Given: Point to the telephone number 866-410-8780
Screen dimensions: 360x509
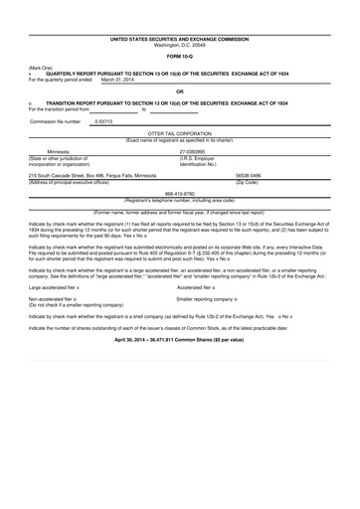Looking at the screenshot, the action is pos(179,193).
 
